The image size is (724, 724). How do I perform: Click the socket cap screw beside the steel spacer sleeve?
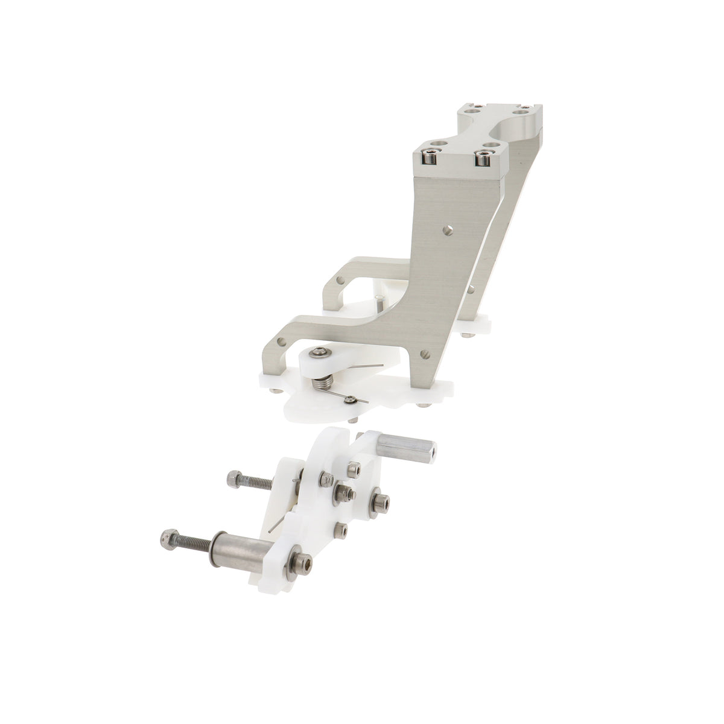pyautogui.click(x=302, y=565)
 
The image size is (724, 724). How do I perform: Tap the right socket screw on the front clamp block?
pyautogui.click(x=481, y=159)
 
